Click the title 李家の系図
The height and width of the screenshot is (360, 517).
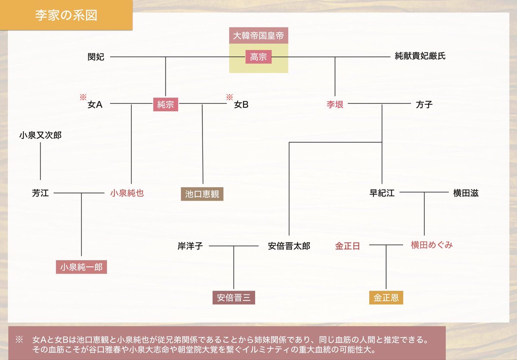(x=66, y=16)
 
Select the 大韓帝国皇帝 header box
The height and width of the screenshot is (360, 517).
(x=258, y=36)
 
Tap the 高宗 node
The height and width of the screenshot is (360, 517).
(x=258, y=56)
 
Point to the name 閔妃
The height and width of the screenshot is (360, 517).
(x=96, y=56)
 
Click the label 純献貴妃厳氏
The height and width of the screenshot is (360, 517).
(x=420, y=56)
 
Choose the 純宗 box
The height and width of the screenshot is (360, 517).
(x=166, y=104)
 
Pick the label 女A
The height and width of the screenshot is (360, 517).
(x=95, y=104)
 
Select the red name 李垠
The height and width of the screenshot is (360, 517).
(x=335, y=104)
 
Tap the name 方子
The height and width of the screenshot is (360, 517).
(x=424, y=104)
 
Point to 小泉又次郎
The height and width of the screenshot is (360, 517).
(x=40, y=135)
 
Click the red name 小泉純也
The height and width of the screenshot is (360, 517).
(x=127, y=194)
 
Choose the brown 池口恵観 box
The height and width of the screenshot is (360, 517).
(x=202, y=194)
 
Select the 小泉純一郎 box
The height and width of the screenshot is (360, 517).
(x=81, y=267)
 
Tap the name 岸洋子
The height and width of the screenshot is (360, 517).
(x=190, y=246)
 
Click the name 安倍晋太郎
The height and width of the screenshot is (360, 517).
(x=289, y=246)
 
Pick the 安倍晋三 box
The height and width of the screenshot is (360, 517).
(x=234, y=297)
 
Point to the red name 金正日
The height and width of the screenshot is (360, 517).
(x=347, y=246)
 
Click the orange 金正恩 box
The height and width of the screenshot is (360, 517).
(x=386, y=297)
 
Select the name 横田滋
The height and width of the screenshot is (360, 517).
(x=465, y=194)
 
